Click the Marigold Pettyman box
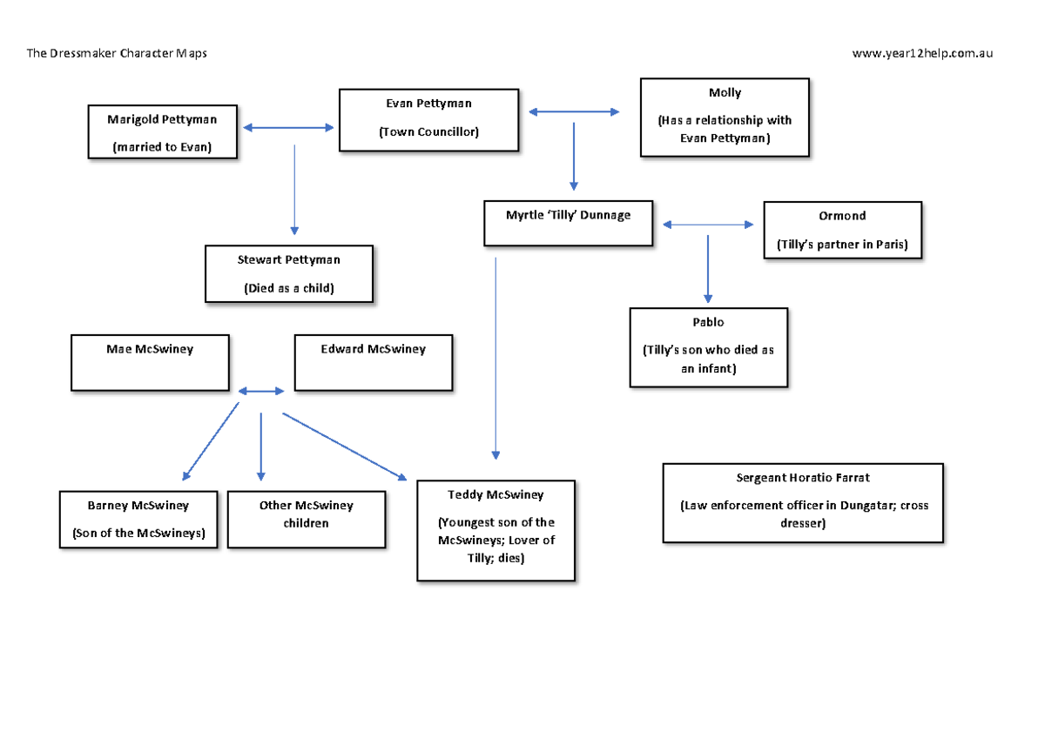163,132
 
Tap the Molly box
725,118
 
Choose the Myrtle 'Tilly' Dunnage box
568,221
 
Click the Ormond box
842,231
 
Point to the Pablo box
708,346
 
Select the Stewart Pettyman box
289,273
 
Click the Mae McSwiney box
150,362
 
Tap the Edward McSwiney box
373,362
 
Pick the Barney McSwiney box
138,520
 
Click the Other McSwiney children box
306,520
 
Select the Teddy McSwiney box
496,529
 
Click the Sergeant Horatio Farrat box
802,502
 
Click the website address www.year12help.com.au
922,53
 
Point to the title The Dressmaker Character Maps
117,53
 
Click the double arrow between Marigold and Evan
288,128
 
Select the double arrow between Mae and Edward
261,392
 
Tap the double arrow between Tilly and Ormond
708,225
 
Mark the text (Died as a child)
289,288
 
